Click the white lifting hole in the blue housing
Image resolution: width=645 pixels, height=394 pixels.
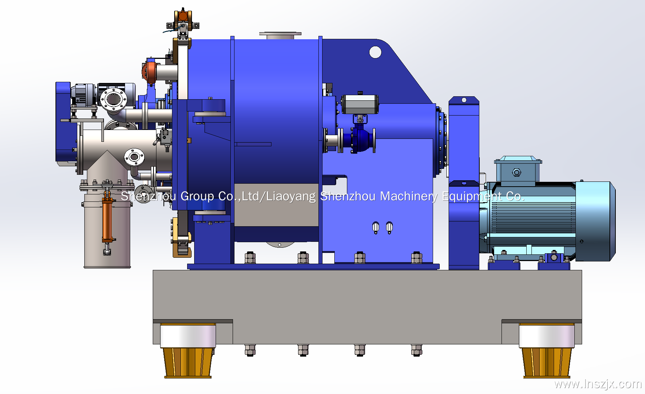coord(375,52)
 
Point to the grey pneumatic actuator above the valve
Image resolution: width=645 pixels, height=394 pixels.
coord(360,104)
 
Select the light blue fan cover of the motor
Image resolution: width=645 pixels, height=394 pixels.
coord(595,221)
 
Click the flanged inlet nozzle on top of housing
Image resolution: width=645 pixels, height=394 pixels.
coord(280,35)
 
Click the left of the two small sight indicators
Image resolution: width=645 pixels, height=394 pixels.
coord(376,227)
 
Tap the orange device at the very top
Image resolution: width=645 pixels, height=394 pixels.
coord(183,16)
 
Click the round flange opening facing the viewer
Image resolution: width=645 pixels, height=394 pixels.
coord(114,99)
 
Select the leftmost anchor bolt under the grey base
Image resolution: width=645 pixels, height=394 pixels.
coord(250,350)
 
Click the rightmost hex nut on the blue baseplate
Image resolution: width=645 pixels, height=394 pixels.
coord(417,258)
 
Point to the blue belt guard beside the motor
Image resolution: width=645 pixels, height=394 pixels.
coord(464,183)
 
